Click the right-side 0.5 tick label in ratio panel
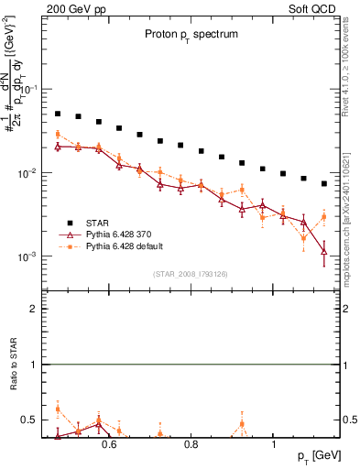click(349, 420)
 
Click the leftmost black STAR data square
click(58, 115)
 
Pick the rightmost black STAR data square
click(323, 184)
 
